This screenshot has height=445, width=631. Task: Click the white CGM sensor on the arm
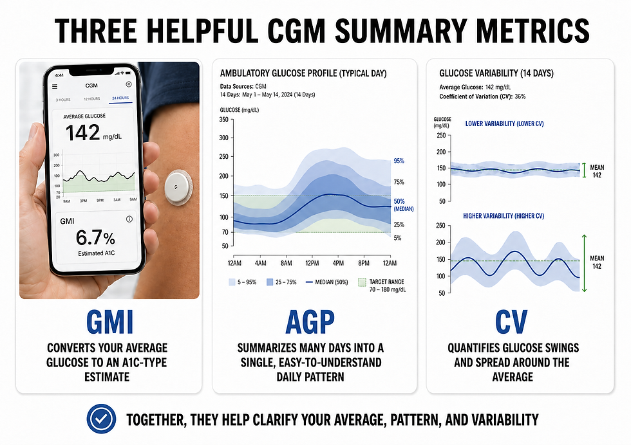[x=176, y=186]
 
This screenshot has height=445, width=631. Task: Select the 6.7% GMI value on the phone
[x=94, y=238]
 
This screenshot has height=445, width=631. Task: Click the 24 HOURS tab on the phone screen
[x=120, y=99]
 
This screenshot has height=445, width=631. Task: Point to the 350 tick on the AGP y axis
[x=223, y=120]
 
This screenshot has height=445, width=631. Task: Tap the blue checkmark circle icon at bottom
[x=102, y=419]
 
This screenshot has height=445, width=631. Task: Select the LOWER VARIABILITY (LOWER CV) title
[x=504, y=123]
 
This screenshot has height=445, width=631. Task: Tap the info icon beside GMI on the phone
[x=129, y=219]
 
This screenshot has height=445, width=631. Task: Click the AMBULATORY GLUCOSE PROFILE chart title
[x=303, y=73]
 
